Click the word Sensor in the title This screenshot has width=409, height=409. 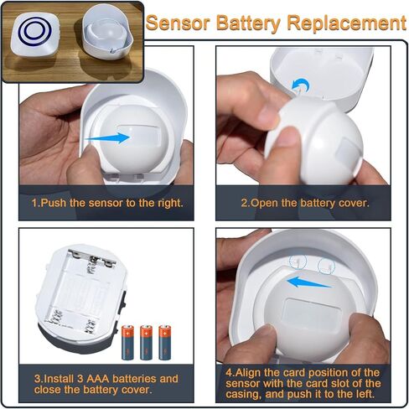[178, 23]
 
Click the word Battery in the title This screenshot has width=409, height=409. [248, 23]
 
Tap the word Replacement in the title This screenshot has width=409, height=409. [347, 23]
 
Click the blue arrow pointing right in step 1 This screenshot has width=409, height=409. [107, 137]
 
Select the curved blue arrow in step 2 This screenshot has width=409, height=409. [300, 85]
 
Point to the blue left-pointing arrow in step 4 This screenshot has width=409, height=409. [309, 282]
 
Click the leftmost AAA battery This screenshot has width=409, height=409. [127, 342]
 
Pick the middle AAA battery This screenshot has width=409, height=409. [146, 342]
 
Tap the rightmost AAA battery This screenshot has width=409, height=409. [164, 342]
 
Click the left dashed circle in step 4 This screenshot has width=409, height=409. [298, 261]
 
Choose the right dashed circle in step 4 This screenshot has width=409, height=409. [327, 266]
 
